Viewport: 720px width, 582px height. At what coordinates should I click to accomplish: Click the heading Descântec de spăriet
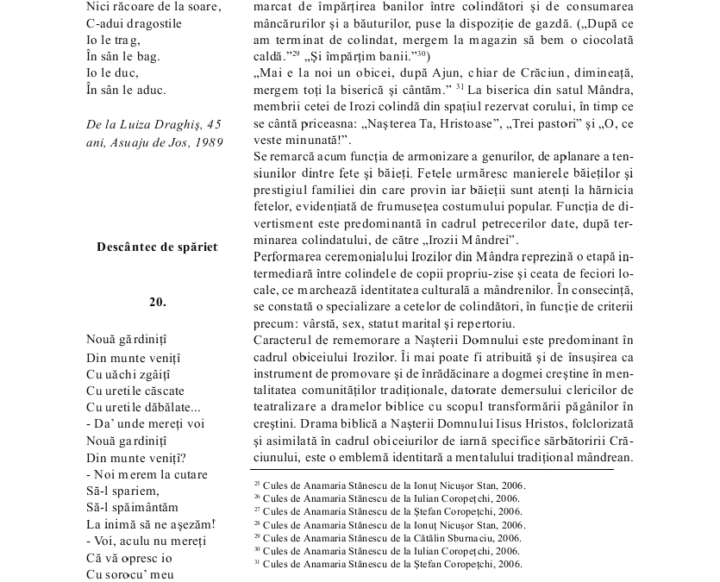157,247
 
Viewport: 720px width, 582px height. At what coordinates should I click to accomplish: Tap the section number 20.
157,302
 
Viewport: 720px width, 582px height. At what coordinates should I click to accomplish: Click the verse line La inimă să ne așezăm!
150,523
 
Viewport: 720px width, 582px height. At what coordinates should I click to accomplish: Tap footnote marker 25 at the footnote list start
258,483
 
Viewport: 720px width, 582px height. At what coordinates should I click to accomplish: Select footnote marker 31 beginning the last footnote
258,562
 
